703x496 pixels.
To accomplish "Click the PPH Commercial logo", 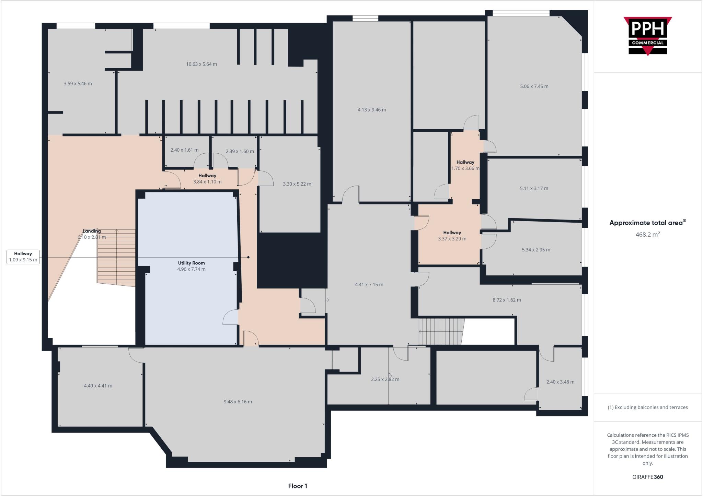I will click(x=647, y=36).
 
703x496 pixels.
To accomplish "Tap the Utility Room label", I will click(x=191, y=263).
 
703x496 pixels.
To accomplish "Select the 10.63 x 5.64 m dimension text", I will click(x=201, y=64).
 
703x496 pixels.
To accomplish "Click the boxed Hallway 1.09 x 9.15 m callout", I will click(x=23, y=257).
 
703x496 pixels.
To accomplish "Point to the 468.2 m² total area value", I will click(x=647, y=235).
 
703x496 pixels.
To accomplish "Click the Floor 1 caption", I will click(x=297, y=486).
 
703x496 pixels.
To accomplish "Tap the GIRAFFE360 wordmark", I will click(x=647, y=477).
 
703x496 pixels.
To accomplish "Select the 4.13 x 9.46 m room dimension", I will click(x=372, y=110).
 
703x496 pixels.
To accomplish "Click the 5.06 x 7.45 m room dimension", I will click(x=534, y=86).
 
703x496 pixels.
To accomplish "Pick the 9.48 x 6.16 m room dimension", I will click(x=238, y=402).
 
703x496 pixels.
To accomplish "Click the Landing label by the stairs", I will click(x=91, y=231).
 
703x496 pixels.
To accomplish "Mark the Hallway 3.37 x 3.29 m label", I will click(x=452, y=236).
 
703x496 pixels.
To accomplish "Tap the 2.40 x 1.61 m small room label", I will click(x=184, y=150).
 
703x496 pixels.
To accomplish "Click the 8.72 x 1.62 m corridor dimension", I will click(x=507, y=300).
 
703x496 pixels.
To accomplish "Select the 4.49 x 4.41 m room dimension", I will click(x=98, y=386).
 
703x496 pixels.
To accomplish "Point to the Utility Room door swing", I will click(x=230, y=317).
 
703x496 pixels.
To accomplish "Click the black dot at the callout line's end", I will click(x=249, y=257).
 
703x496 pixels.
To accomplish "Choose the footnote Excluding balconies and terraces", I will click(x=647, y=408).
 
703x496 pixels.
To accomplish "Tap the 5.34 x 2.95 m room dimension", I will click(x=536, y=250).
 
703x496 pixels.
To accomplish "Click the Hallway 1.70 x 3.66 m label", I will click(x=465, y=165).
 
